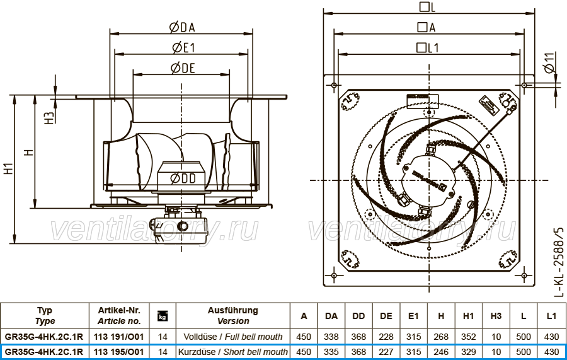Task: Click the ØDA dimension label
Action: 182,28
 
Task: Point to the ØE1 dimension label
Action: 184,48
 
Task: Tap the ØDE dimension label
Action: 183,68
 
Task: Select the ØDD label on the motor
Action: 183,178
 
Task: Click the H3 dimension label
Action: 49,118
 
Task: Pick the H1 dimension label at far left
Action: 9,168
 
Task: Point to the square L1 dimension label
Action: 428,48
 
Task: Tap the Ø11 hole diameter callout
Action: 549,63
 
